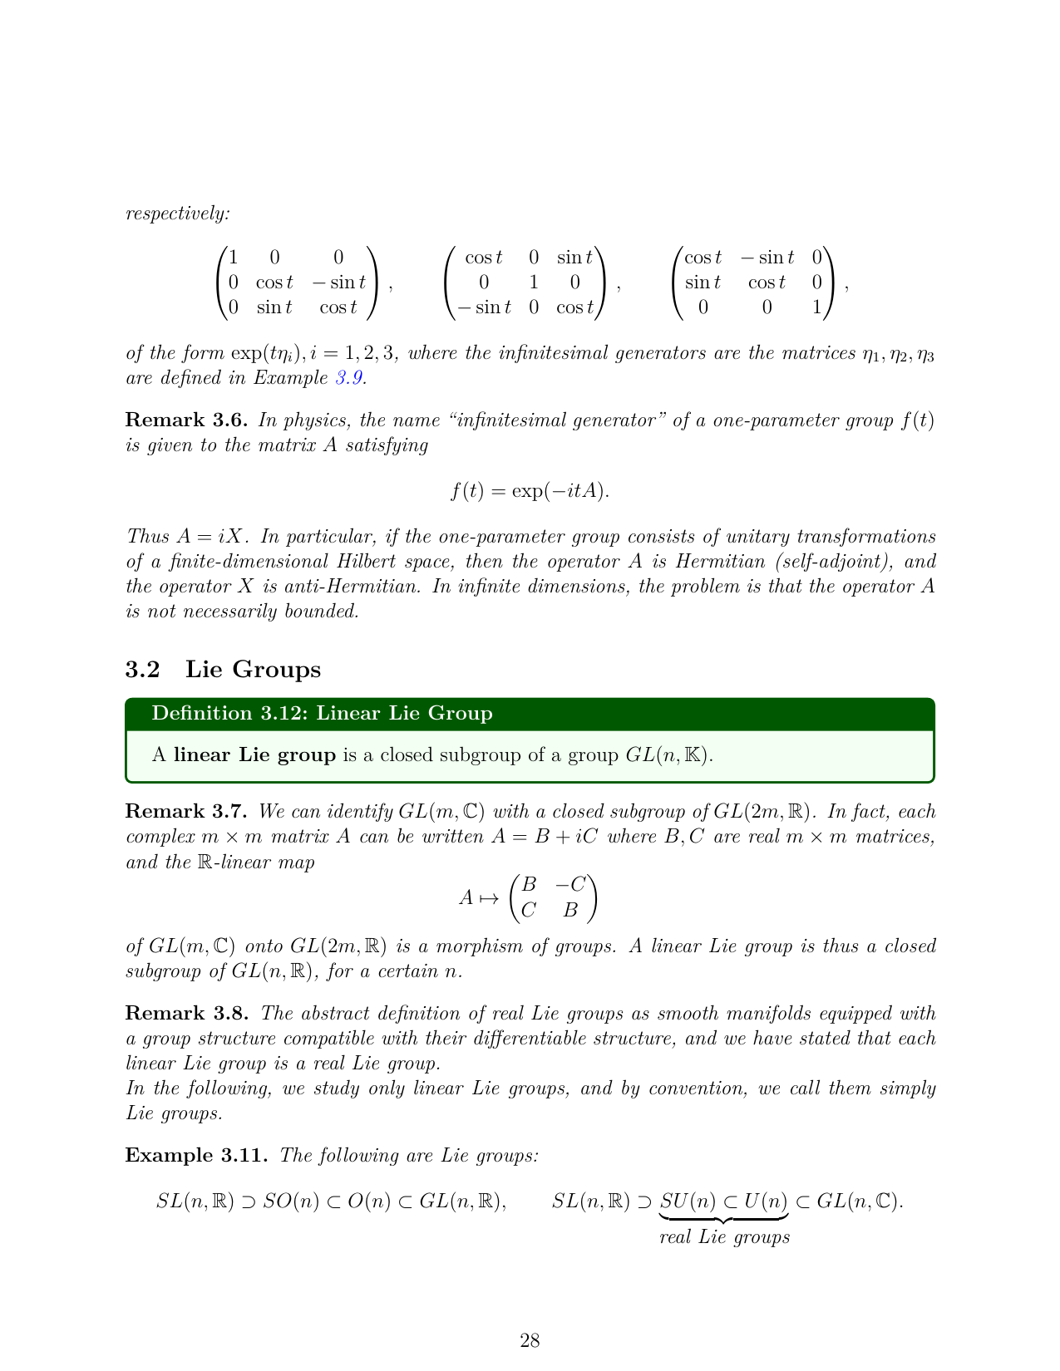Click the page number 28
click(x=530, y=1340)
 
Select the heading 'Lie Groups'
click(x=253, y=669)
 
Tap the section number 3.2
click(x=142, y=669)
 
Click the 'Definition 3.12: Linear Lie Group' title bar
click(x=530, y=714)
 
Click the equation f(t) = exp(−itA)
click(x=530, y=491)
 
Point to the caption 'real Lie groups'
click(x=724, y=1237)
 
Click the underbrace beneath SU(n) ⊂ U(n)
click(x=724, y=1218)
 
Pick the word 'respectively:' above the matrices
click(x=177, y=214)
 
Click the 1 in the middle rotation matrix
click(x=534, y=283)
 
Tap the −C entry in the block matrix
click(x=570, y=884)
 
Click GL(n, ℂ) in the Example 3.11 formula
click(x=859, y=1201)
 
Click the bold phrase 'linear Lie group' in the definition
click(x=254, y=755)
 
